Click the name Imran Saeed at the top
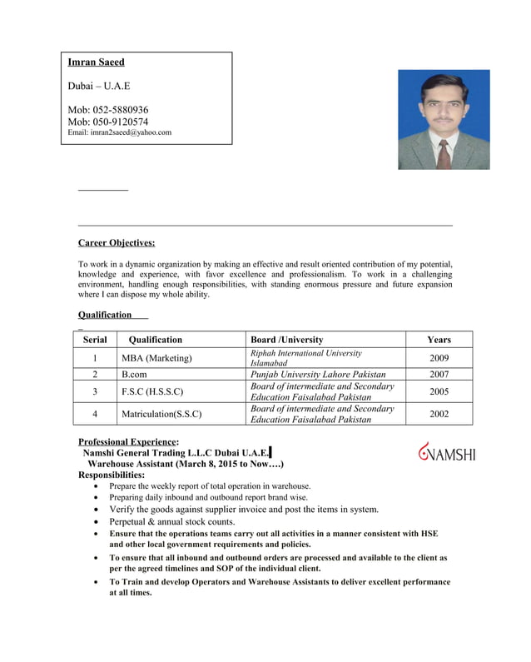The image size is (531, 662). tap(96, 62)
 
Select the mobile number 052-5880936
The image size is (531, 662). tap(108, 109)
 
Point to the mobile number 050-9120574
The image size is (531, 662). tap(108, 122)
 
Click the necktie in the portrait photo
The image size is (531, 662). tap(444, 154)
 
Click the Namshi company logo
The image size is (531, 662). tap(447, 452)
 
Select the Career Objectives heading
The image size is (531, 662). tap(117, 243)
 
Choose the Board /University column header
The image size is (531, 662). tap(286, 340)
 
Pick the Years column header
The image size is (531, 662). tap(439, 340)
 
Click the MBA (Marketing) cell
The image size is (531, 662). tap(156, 358)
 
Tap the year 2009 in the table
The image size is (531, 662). tap(439, 358)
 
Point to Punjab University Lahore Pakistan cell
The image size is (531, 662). tap(318, 375)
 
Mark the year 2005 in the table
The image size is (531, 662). tap(439, 391)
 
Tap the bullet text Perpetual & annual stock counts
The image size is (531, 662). tap(172, 521)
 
